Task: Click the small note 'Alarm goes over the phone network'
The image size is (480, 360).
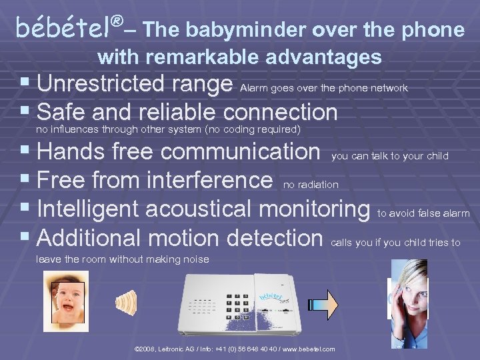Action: [323, 88]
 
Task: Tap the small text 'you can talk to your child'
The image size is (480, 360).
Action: [389, 156]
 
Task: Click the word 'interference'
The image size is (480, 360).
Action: [209, 180]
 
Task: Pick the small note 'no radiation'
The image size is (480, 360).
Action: [311, 184]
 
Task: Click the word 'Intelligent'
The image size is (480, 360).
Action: [89, 209]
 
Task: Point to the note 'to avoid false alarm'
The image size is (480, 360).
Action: [423, 213]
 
